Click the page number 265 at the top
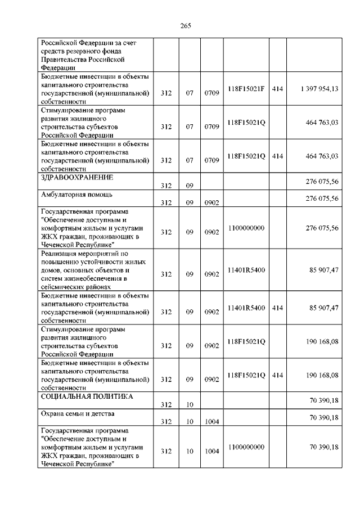[186, 25]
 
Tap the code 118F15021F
[246, 89]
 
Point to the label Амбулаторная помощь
[77, 195]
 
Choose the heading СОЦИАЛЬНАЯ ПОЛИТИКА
[87, 397]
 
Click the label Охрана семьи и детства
[78, 414]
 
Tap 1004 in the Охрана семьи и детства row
[211, 421]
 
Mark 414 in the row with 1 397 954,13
[277, 89]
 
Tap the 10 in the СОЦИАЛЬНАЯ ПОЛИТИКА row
[190, 404]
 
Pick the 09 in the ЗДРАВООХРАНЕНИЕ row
[190, 186]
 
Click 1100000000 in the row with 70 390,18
[246, 447]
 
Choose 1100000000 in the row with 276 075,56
[246, 228]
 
